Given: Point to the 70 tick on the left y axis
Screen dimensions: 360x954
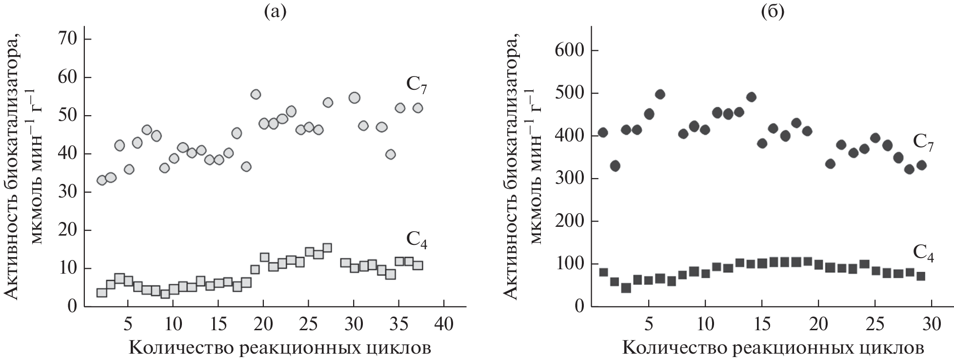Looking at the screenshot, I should point(68,40).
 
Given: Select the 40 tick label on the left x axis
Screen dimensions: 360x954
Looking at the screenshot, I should point(444,324).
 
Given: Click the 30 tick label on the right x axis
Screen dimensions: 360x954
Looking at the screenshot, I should point(932,324).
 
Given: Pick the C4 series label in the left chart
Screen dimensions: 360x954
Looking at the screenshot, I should point(416,240).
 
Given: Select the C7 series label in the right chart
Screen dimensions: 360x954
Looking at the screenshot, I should point(923,143).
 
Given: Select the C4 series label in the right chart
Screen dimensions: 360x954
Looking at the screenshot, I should point(923,253).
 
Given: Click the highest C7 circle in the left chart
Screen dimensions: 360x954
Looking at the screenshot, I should point(256,94).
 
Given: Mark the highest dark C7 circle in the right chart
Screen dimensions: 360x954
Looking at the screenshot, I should point(660,94).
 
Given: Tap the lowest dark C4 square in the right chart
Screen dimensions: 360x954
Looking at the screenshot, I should point(626,288).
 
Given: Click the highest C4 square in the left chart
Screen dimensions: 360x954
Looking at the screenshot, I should point(327,248).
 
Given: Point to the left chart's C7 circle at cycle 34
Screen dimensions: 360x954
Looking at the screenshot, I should point(390,154).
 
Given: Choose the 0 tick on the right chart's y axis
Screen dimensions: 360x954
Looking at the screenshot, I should point(579,307).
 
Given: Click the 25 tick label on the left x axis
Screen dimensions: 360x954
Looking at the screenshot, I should point(308,324).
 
